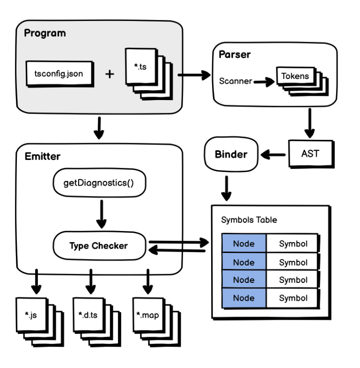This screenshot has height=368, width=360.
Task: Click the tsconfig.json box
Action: (x=58, y=73)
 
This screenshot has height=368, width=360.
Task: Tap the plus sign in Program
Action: (x=109, y=73)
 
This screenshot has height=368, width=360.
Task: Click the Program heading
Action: (x=45, y=33)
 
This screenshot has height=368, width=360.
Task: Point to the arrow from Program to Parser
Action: (x=193, y=74)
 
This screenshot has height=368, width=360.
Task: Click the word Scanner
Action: (x=235, y=81)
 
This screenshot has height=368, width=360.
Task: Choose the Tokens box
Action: (x=295, y=76)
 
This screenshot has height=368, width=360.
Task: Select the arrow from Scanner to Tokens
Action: (x=263, y=82)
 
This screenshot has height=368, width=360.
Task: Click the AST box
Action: (x=311, y=153)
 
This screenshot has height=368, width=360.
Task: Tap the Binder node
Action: (x=231, y=154)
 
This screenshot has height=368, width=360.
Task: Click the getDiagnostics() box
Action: (x=98, y=182)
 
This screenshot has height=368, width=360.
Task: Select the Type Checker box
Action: (x=98, y=245)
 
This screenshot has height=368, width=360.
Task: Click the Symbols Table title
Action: (x=249, y=219)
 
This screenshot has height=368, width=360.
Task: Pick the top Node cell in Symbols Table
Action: (x=243, y=244)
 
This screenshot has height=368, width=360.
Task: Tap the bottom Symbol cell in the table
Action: (x=293, y=298)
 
